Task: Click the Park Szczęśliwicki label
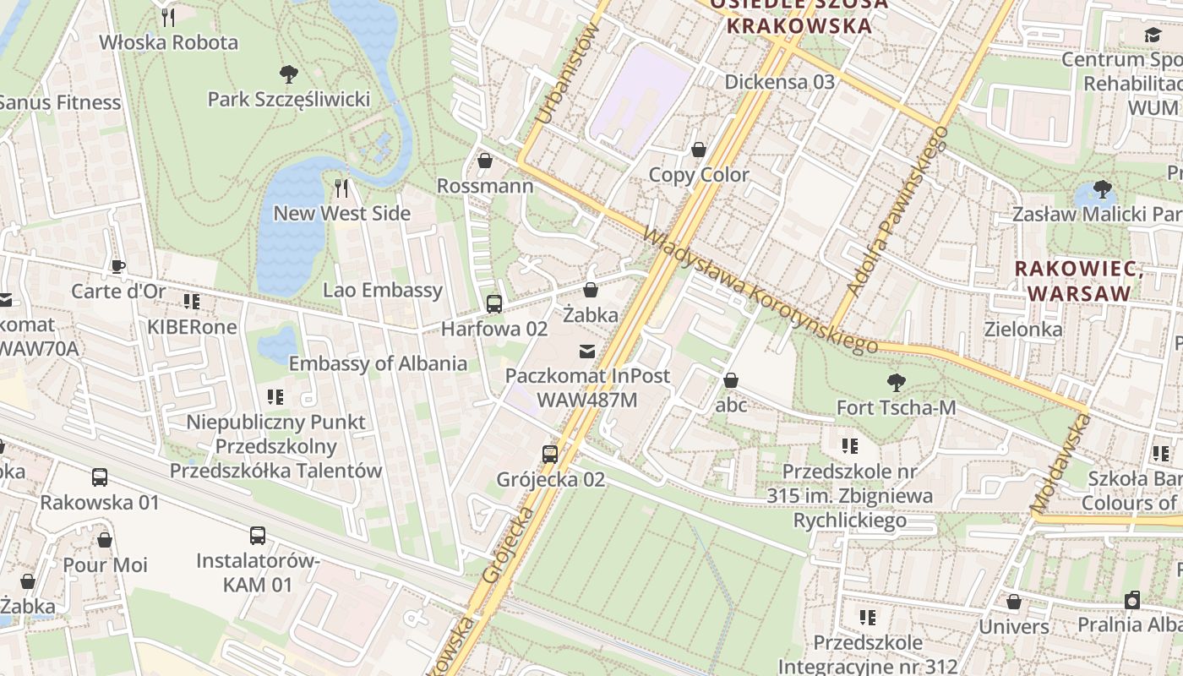(289, 100)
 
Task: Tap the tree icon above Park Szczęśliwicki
(289, 74)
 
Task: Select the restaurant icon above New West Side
(341, 187)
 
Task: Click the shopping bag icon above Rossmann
(485, 160)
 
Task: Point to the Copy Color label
(699, 175)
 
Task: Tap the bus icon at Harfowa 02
(494, 303)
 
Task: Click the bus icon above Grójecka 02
(550, 454)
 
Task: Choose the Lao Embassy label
(383, 290)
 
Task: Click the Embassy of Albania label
(378, 363)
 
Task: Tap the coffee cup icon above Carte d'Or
(118, 266)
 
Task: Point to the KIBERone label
(193, 326)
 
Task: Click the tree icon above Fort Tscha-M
(896, 383)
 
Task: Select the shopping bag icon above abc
(731, 380)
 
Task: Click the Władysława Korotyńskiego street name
(760, 291)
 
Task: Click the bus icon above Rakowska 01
(100, 477)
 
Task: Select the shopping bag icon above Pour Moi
(105, 539)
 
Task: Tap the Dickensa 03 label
(780, 82)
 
